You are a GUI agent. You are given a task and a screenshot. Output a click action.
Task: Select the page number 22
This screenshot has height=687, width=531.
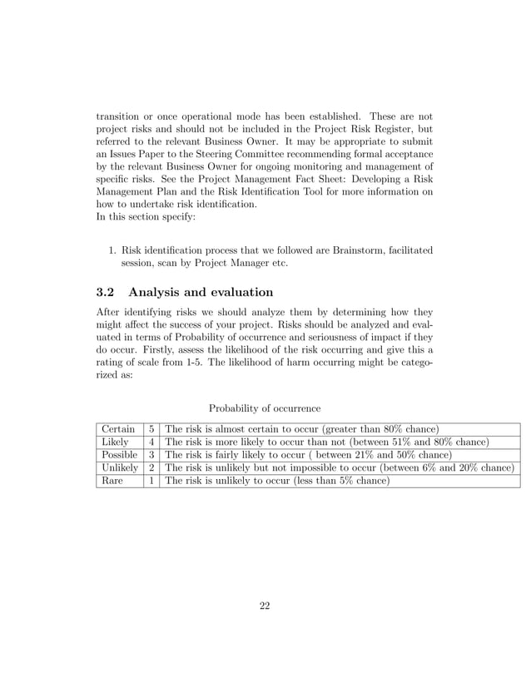click(265, 605)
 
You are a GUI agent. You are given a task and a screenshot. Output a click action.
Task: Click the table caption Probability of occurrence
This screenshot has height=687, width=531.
click(265, 408)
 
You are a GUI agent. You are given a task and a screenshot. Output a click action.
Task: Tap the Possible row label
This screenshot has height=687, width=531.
click(119, 455)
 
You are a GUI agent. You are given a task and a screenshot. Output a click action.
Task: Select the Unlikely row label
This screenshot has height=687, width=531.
click(120, 467)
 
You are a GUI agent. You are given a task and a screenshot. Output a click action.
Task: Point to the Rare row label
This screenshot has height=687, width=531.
click(112, 480)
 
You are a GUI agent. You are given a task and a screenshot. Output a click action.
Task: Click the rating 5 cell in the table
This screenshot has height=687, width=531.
click(151, 429)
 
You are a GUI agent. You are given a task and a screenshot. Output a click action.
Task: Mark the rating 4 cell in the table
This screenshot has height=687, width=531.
click(151, 442)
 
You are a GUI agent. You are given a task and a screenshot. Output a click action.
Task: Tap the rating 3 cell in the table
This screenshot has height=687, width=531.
click(151, 455)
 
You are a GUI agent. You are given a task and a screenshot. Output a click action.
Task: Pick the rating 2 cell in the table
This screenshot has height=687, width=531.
click(151, 467)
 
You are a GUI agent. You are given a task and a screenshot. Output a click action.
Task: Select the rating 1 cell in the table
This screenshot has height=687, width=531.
click(151, 480)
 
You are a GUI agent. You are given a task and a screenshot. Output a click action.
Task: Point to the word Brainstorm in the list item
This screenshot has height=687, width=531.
click(361, 250)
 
